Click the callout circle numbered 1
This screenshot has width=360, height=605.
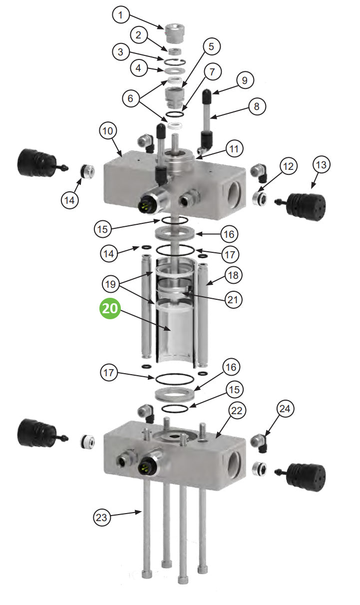point(120,15)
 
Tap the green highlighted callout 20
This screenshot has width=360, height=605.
point(110,308)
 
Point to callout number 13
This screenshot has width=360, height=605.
point(322,165)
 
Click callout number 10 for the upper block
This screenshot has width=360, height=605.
point(108,131)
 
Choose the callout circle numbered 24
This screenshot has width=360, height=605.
point(285,410)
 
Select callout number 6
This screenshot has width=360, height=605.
point(131,99)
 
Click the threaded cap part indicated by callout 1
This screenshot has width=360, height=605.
point(172,33)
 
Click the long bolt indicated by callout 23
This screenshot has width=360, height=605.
point(146,540)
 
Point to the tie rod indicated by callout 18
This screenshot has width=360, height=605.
point(203,310)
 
